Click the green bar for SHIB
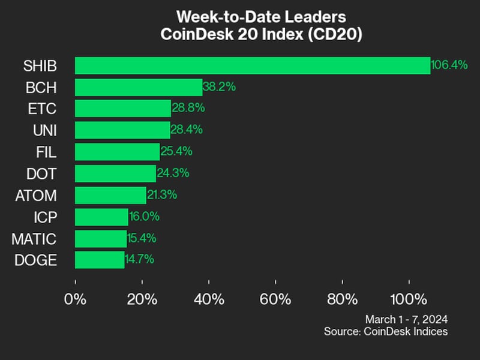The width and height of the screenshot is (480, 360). click(252, 65)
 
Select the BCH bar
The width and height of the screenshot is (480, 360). click(139, 87)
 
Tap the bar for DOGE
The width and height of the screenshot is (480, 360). click(100, 260)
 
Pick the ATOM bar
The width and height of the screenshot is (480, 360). click(110, 195)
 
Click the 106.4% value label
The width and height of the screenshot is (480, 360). click(449, 65)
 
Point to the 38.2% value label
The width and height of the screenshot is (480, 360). click(219, 87)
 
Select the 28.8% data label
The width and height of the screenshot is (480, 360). click(188, 108)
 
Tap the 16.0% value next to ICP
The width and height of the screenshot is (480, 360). click(144, 217)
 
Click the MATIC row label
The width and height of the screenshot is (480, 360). click(34, 239)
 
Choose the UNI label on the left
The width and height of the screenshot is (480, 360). click(45, 130)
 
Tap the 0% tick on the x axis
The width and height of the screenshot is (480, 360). click(76, 298)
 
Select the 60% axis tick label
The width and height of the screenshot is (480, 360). click(275, 298)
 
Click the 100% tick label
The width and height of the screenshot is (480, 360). click(409, 298)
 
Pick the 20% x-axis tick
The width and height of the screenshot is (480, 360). click(142, 298)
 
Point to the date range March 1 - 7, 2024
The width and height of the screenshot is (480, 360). click(406, 319)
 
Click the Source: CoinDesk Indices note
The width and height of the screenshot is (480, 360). click(386, 331)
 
